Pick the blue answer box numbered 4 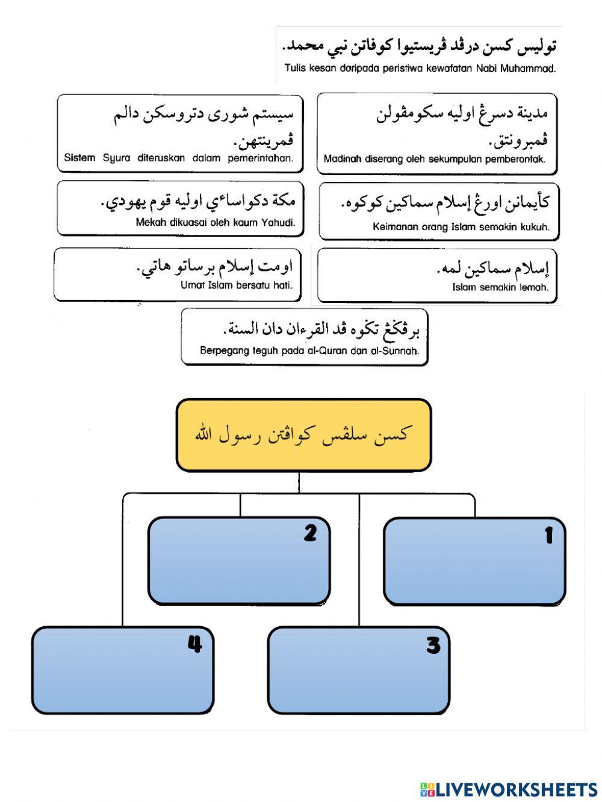tap(123, 670)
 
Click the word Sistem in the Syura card tap(79, 158)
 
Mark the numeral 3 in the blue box tap(433, 646)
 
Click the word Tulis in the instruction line tap(295, 69)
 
